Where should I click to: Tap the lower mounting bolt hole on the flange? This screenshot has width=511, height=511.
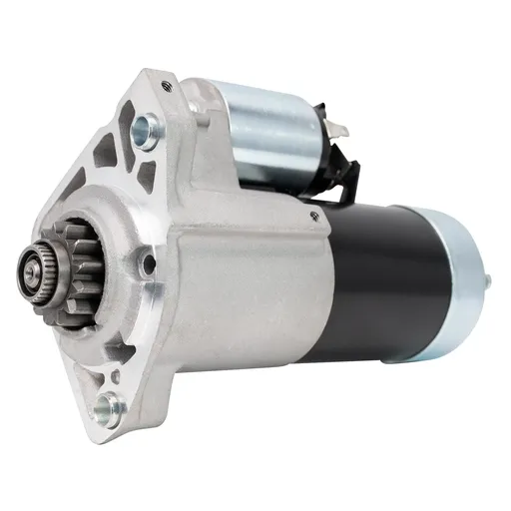[x=108, y=406]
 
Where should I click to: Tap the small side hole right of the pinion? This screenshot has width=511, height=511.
[x=148, y=264]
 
